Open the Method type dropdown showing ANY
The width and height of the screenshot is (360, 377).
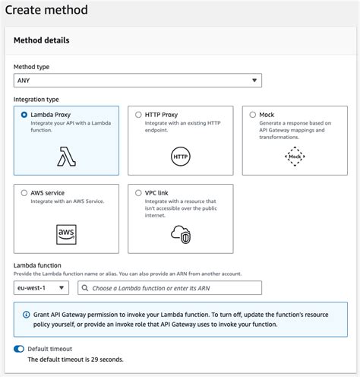click(x=137, y=80)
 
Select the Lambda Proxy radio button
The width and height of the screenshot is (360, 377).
click(x=25, y=115)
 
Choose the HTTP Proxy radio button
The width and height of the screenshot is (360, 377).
click(x=138, y=115)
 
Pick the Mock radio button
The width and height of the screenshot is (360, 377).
click(x=253, y=115)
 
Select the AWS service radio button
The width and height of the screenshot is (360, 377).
click(x=25, y=192)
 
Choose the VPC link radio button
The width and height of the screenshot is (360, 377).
click(x=138, y=192)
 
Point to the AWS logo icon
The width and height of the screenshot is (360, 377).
click(x=66, y=233)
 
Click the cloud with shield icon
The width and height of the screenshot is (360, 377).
click(x=180, y=233)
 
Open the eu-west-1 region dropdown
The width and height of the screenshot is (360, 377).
click(x=41, y=288)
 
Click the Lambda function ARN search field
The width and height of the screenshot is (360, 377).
click(x=175, y=288)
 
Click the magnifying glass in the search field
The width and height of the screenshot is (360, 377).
click(x=83, y=288)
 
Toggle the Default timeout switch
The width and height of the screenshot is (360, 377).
click(x=19, y=349)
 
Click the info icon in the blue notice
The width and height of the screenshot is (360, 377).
click(x=26, y=313)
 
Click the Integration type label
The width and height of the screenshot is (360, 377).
click(x=36, y=100)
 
